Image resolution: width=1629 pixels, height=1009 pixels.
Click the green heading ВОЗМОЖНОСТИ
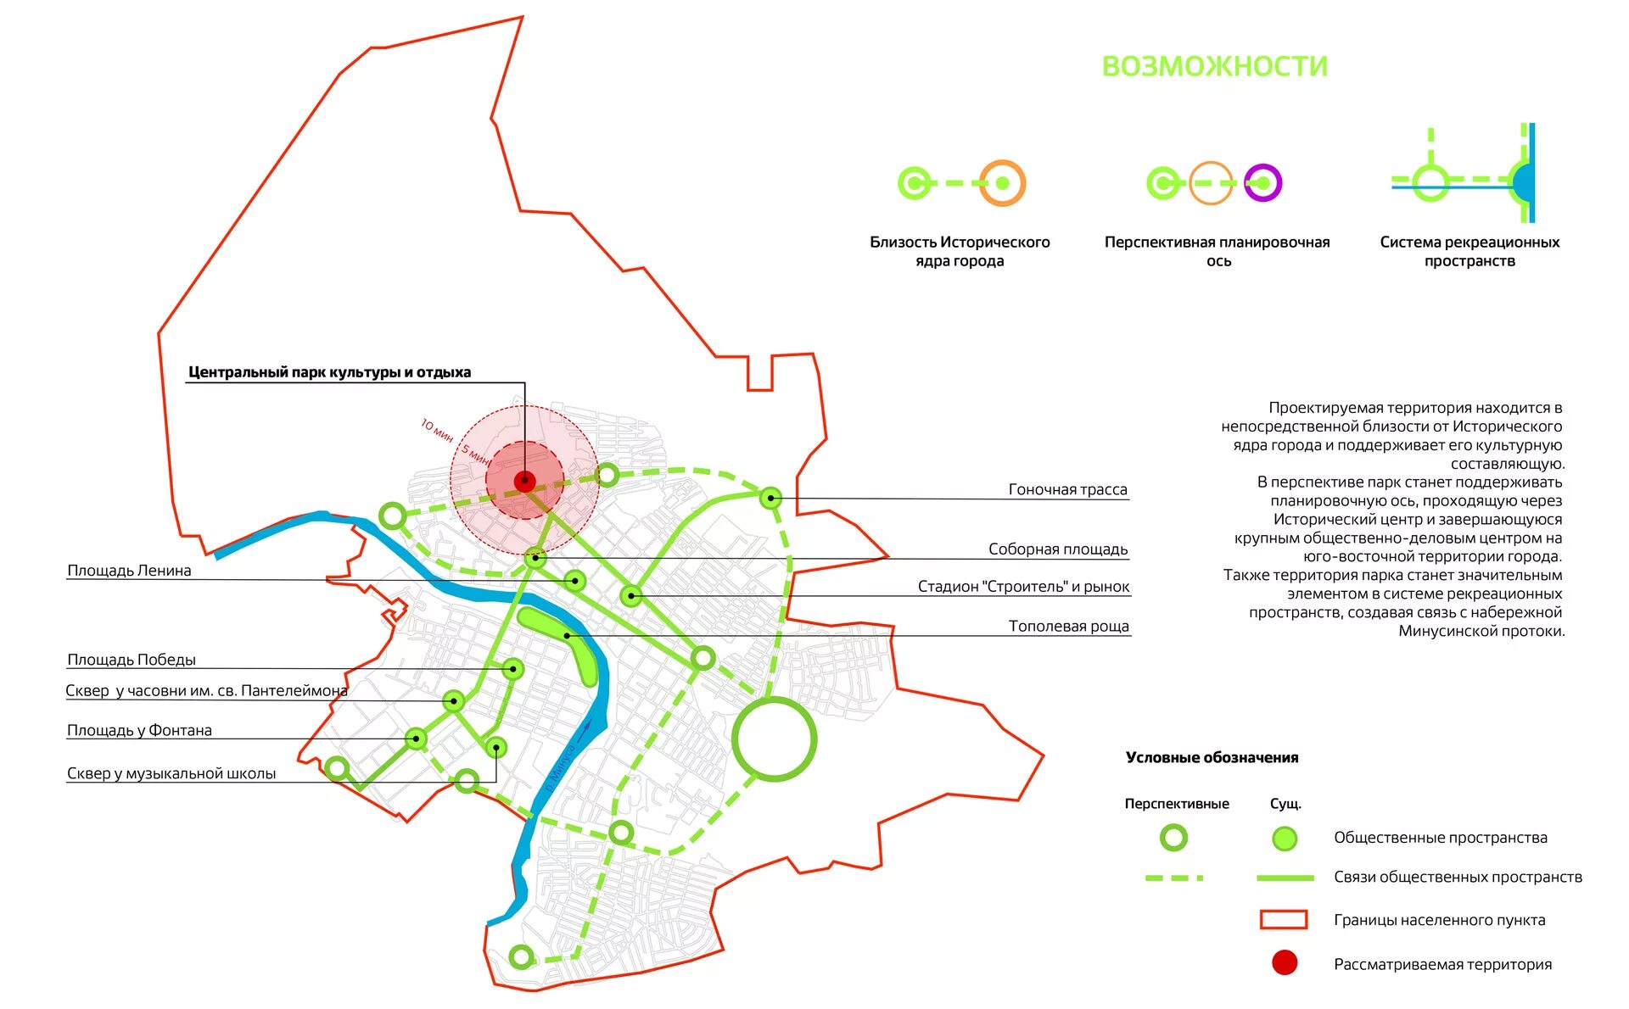click(1214, 66)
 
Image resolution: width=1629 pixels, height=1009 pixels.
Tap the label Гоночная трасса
click(1067, 489)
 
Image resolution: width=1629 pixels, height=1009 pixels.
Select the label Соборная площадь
click(1057, 549)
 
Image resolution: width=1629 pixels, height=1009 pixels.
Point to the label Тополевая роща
click(1068, 627)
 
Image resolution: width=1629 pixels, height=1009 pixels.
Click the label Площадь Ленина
click(129, 571)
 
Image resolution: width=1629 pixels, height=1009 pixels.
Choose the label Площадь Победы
click(132, 660)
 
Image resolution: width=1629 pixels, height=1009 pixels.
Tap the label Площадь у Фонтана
click(139, 730)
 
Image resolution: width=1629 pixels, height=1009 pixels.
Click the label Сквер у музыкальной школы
click(171, 773)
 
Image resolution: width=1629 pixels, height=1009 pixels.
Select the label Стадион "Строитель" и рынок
click(1023, 587)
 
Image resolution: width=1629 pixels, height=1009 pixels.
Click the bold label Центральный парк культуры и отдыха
click(329, 372)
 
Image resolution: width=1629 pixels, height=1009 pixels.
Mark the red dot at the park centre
click(525, 482)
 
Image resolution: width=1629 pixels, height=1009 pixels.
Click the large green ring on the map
click(774, 739)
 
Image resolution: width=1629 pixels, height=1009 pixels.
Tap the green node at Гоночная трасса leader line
click(770, 498)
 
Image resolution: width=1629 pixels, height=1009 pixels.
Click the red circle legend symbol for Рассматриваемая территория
click(1285, 963)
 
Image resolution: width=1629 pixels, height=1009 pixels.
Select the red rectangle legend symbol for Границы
click(1283, 920)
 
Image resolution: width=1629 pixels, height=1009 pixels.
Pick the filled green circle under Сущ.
click(1285, 839)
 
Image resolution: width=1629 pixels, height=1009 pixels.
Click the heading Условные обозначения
click(1212, 758)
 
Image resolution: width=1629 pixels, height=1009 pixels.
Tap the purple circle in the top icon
click(1262, 183)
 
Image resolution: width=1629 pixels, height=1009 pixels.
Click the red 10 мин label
click(437, 430)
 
